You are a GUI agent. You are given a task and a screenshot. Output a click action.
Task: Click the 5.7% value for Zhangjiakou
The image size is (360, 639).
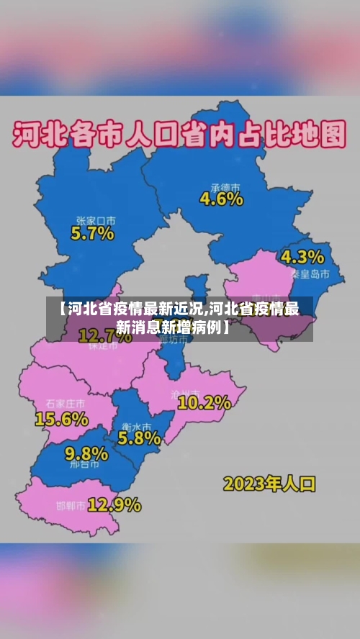[92, 233]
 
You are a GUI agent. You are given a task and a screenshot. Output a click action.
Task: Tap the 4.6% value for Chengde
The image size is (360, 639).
[221, 199]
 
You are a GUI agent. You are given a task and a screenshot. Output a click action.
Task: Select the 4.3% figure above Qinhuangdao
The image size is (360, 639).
[302, 257]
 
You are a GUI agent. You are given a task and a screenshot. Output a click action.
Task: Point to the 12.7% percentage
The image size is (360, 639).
[105, 335]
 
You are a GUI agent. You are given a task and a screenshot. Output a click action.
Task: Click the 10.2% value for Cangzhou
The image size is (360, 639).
[204, 403]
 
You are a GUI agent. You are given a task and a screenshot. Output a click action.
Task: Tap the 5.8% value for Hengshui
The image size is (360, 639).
[139, 437]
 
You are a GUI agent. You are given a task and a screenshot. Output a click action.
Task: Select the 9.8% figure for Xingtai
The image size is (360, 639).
[86, 453]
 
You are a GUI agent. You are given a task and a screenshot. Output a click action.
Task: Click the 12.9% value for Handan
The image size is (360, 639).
[114, 504]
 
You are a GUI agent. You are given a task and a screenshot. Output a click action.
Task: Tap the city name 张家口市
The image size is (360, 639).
[96, 219]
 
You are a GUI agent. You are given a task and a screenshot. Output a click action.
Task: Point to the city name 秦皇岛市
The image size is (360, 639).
[310, 274]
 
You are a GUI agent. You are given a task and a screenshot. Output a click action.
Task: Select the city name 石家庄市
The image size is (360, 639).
[65, 404]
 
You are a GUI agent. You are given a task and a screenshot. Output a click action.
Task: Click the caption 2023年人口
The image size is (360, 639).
[269, 483]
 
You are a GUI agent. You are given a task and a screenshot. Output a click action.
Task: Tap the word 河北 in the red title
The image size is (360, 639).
[37, 135]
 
